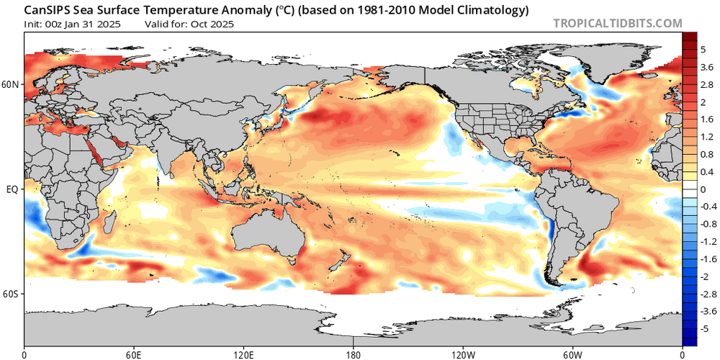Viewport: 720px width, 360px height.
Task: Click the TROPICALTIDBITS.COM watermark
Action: click(618, 23)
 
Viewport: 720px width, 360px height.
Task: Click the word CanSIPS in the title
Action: click(48, 11)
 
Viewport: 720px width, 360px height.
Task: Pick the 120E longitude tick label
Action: click(243, 354)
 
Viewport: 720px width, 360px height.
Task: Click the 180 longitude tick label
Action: click(354, 354)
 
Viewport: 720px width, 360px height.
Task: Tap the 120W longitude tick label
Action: click(463, 354)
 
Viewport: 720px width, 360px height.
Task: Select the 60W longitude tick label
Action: click(572, 354)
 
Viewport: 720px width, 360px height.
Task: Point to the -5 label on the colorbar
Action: click(705, 328)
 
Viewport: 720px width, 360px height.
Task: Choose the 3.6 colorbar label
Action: click(706, 66)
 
